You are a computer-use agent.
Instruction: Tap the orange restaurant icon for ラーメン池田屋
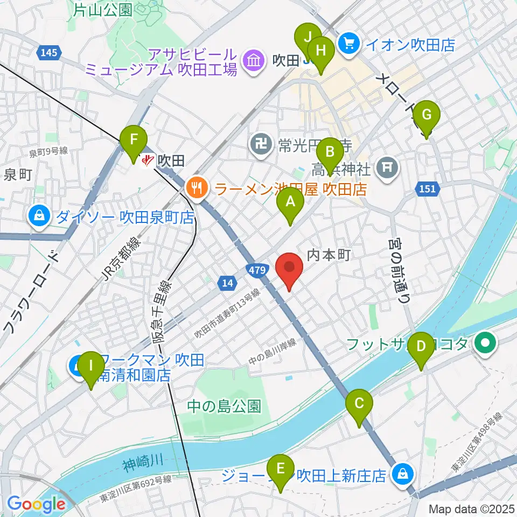point(194,188)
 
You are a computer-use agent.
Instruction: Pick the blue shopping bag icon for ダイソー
point(40,217)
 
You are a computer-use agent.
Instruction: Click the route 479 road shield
point(257,271)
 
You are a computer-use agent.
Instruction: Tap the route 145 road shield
point(48,52)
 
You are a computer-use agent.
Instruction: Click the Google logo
point(36,504)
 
